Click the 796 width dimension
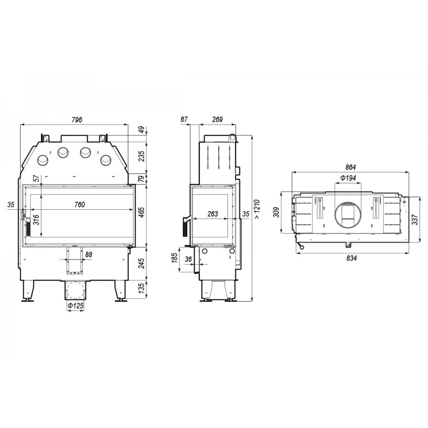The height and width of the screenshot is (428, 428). [77, 119]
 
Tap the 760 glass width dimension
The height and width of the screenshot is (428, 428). [79, 204]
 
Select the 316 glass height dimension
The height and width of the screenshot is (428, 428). [36, 220]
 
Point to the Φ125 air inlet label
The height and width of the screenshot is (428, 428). [76, 306]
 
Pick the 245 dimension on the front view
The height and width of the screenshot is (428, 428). [141, 263]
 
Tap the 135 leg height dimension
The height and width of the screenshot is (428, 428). [141, 288]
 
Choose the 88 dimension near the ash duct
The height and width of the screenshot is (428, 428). [89, 254]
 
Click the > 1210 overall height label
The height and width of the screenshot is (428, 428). [257, 209]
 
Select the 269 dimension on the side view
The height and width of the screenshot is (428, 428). [217, 119]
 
